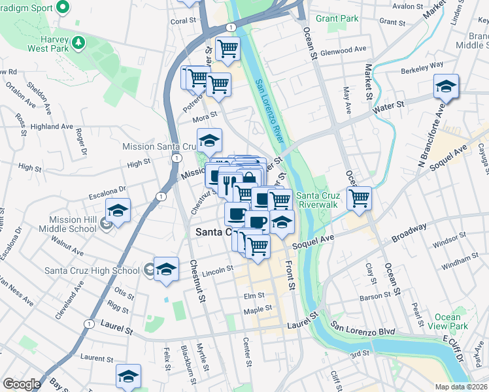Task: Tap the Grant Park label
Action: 337,19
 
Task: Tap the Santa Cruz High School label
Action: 92,270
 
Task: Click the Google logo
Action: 21,384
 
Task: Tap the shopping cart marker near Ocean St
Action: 359,197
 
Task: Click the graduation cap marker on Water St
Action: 446,87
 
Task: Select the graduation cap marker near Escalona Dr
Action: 118,211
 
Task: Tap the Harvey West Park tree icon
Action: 78,42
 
